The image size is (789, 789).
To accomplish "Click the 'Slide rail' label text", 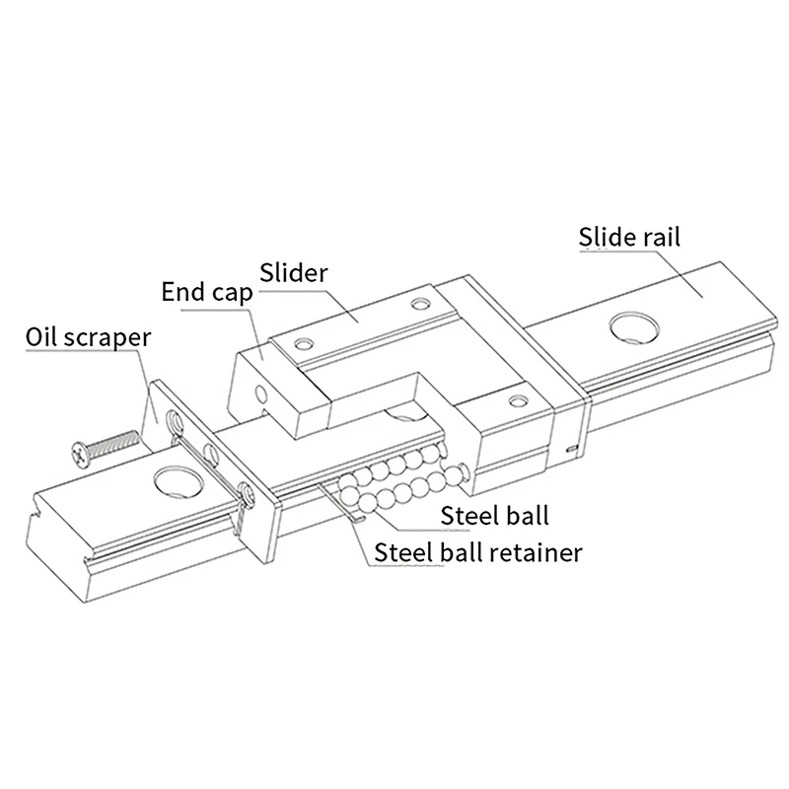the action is pos(629,238).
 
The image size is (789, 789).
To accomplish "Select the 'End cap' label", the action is pos(206,293).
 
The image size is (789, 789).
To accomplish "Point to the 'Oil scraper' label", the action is pos(89,338).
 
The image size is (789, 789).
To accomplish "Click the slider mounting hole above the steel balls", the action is pos(514,399).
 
